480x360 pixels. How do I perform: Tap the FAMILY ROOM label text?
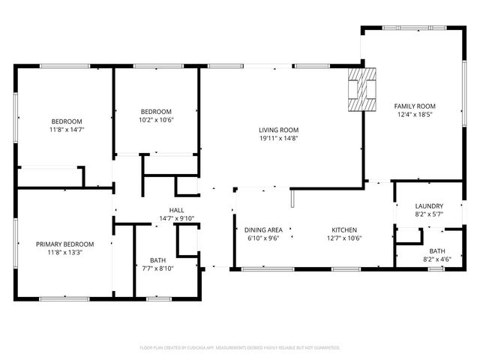(415, 106)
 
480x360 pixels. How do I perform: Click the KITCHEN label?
(344, 230)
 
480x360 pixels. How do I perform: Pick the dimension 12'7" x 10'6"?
(344, 238)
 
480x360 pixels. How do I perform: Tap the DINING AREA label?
(262, 230)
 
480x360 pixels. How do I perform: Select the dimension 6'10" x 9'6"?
(262, 238)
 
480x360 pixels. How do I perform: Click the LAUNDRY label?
(429, 206)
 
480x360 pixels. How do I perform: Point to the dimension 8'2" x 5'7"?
(429, 214)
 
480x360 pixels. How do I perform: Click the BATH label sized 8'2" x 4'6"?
(436, 251)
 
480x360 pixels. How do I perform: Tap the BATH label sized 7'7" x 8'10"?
(157, 259)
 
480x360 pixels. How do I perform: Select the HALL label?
(176, 210)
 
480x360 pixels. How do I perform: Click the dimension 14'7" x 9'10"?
(176, 218)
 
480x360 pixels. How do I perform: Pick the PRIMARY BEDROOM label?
(66, 244)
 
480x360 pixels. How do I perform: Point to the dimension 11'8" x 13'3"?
(66, 253)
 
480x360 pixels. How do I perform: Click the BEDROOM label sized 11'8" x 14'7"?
(66, 121)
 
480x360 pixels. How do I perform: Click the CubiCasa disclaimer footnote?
(240, 347)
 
